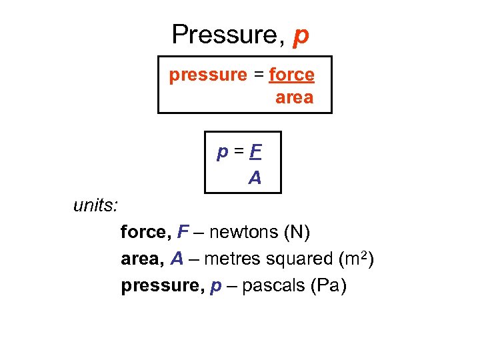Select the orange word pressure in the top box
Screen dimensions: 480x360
coord(208,75)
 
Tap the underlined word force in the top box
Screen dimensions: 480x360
coord(291,75)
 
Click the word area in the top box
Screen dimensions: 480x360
coord(294,98)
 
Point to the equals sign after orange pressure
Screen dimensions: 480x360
coord(258,75)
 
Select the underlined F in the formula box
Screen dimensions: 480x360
coord(255,153)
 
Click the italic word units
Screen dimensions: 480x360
coord(95,205)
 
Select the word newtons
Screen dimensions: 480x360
coord(245,233)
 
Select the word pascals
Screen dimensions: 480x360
coord(273,286)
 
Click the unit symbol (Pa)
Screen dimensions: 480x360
coord(329,286)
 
